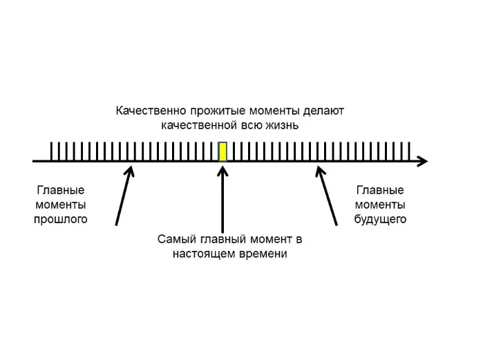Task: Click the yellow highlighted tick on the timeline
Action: pos(222,151)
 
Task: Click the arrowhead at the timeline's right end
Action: pos(422,162)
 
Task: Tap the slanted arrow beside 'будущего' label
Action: pos(327,196)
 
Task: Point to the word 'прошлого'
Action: pos(61,220)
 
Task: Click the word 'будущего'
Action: pos(380,220)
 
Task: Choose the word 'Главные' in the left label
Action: pos(61,190)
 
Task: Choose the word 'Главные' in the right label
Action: pos(380,190)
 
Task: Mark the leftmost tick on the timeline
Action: pos(52,151)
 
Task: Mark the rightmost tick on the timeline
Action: pos(410,151)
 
